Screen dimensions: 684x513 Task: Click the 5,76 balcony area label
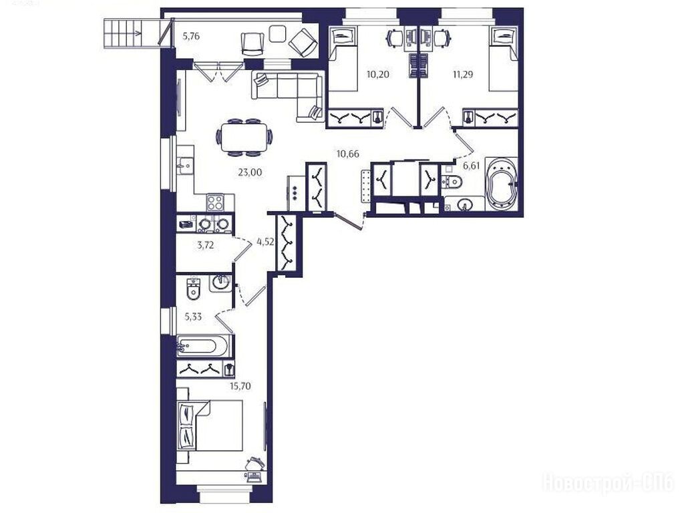click(x=191, y=37)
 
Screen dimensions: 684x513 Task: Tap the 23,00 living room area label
click(x=250, y=173)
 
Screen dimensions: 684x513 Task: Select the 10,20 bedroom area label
click(x=378, y=74)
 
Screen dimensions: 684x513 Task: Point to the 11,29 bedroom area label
click(x=463, y=74)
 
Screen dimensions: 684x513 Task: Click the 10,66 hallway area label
click(x=347, y=153)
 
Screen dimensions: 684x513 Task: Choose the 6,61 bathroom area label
click(x=471, y=166)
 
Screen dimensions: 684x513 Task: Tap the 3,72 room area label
click(x=206, y=245)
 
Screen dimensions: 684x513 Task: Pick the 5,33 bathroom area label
click(x=193, y=317)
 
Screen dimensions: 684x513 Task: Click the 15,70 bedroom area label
click(x=240, y=386)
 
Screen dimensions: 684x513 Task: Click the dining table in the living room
click(x=244, y=138)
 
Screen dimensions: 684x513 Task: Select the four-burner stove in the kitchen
click(x=215, y=203)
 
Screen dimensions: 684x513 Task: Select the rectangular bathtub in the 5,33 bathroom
click(x=203, y=347)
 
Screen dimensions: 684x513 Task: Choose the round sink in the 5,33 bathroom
click(x=221, y=283)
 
